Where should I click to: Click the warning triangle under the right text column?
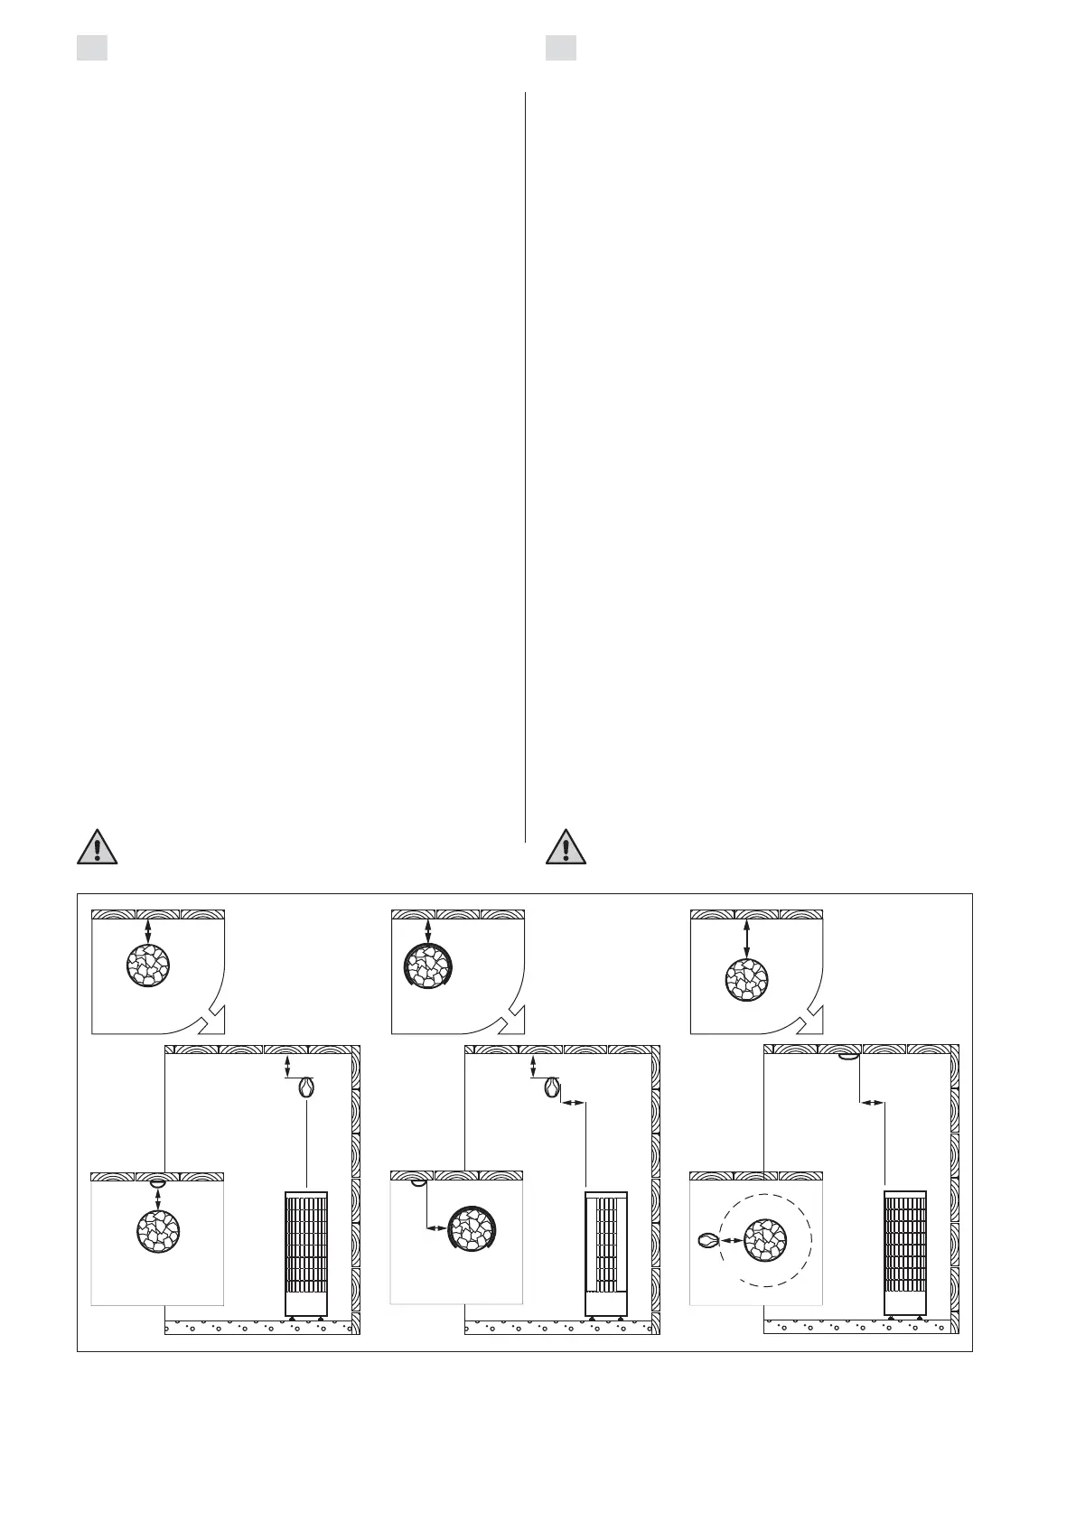566,846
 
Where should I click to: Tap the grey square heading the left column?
92,48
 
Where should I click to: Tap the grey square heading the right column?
561,48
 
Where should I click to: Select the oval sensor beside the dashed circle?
707,1241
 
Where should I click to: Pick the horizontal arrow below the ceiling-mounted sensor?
871,1103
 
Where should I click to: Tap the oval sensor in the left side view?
307,1087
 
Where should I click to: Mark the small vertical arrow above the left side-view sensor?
287,1066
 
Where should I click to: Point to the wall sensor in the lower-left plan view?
157,1180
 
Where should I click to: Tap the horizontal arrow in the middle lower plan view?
436,1227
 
